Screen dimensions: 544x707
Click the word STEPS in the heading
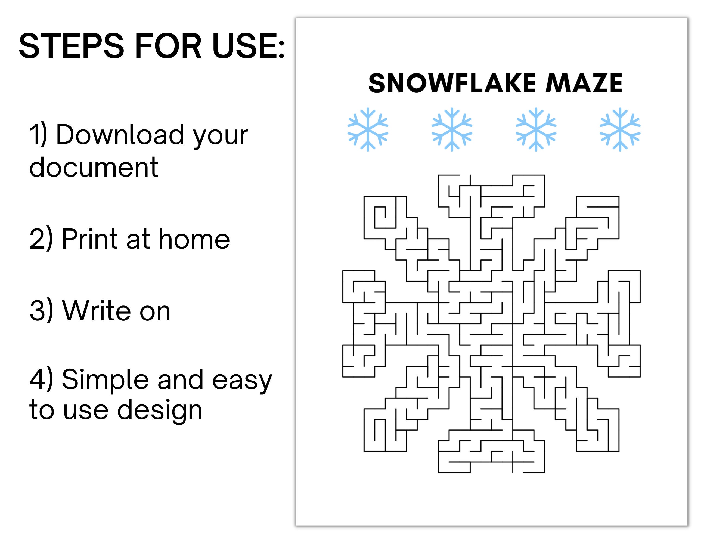(x=71, y=46)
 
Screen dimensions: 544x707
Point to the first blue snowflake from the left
(x=368, y=129)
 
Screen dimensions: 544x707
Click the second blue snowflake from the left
(x=452, y=129)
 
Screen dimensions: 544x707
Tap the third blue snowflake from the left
(x=536, y=129)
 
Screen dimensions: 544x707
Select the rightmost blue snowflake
(x=620, y=129)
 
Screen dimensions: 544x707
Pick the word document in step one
(x=94, y=167)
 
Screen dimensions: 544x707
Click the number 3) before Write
(x=41, y=311)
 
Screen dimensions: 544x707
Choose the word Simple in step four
(x=105, y=379)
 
